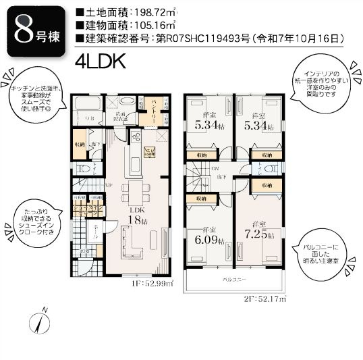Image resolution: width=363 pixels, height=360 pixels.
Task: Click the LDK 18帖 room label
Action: click(x=138, y=215)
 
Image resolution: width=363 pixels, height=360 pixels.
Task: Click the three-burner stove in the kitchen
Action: click(x=135, y=139)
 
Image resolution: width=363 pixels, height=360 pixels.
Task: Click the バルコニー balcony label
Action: click(x=235, y=278)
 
